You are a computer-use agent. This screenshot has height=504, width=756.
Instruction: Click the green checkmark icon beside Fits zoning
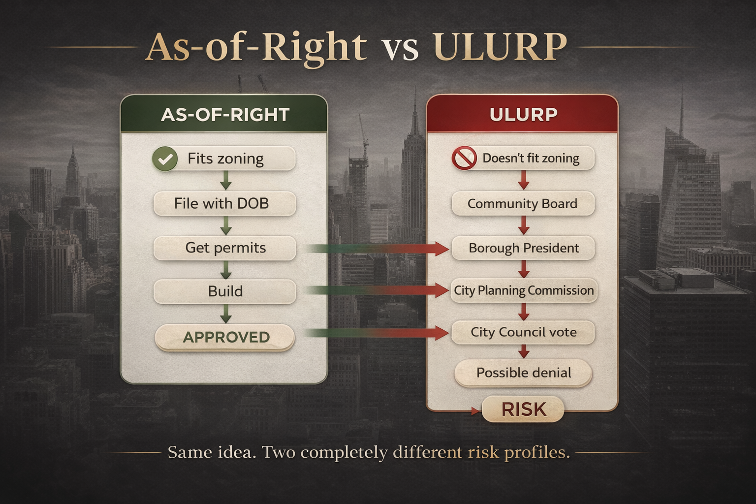tap(165, 159)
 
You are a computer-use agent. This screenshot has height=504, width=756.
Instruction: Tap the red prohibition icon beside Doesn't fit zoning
tap(464, 158)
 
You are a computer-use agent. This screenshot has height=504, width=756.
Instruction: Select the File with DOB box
tap(224, 204)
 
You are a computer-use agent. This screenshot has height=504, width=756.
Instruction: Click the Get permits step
tap(225, 248)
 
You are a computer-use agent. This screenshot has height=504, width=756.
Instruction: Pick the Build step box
tap(225, 291)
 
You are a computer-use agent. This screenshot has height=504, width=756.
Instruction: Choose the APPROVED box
tap(225, 338)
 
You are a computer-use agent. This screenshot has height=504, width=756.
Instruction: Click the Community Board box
tap(523, 204)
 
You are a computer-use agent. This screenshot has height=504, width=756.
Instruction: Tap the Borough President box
tap(523, 248)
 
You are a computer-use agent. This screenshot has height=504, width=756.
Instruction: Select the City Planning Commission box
tap(523, 290)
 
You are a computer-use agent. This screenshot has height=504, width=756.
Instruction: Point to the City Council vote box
tap(523, 332)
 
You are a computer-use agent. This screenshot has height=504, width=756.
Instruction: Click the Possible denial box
tap(523, 373)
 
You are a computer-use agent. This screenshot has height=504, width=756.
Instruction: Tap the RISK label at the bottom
tap(523, 409)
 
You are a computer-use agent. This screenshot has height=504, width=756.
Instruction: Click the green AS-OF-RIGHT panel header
tap(224, 115)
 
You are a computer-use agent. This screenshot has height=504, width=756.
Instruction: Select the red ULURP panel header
tap(523, 114)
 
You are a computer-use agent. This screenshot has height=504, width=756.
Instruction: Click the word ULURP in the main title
tap(500, 47)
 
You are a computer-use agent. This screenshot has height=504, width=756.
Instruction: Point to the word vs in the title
tap(400, 49)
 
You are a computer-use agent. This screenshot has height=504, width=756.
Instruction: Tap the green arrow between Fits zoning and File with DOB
tap(225, 181)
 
